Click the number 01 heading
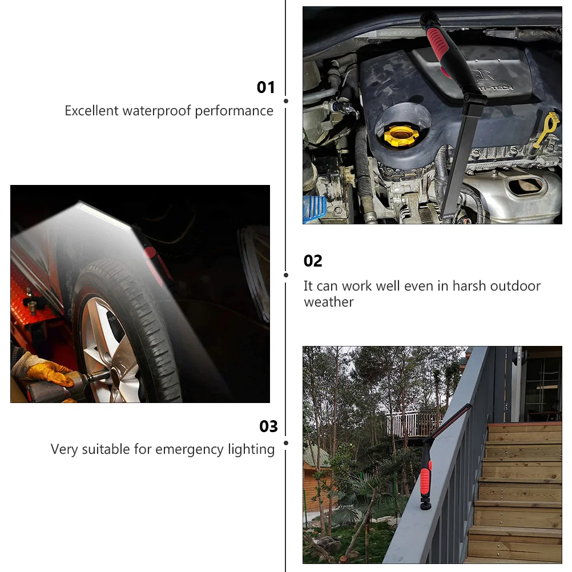[x=265, y=87]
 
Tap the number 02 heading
[x=313, y=261]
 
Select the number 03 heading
[x=268, y=426]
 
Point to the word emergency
[x=190, y=450]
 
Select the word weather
[x=329, y=303]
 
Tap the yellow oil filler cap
[x=401, y=136]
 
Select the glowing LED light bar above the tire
[x=103, y=216]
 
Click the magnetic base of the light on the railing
[x=425, y=505]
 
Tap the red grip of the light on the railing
[x=426, y=478]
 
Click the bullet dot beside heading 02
[x=286, y=275]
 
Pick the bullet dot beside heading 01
[x=286, y=101]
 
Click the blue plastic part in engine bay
[x=314, y=208]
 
